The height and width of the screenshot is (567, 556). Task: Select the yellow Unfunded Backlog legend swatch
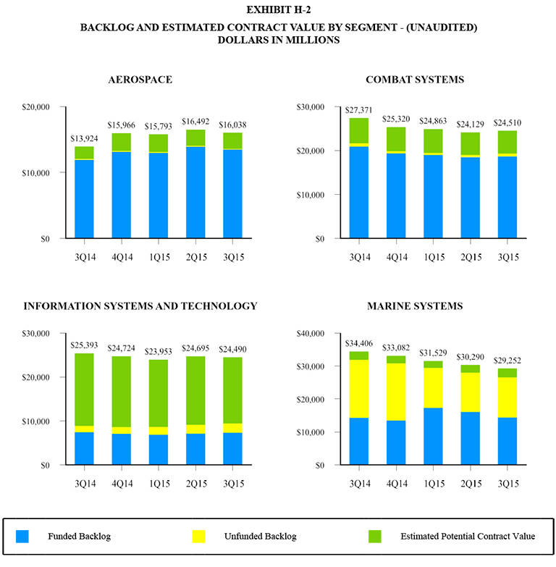tap(199, 537)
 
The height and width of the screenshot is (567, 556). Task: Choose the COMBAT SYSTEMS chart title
tap(414, 79)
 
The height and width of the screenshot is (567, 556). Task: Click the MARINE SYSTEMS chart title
tap(414, 306)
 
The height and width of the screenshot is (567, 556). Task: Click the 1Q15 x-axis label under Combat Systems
tap(433, 257)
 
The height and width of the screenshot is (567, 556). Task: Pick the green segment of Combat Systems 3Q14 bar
tap(358, 130)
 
